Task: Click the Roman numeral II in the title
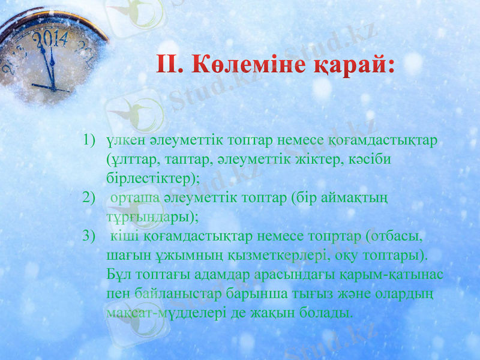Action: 172,65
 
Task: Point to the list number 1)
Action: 90,140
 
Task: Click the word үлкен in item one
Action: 122,140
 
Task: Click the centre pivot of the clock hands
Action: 54,88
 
